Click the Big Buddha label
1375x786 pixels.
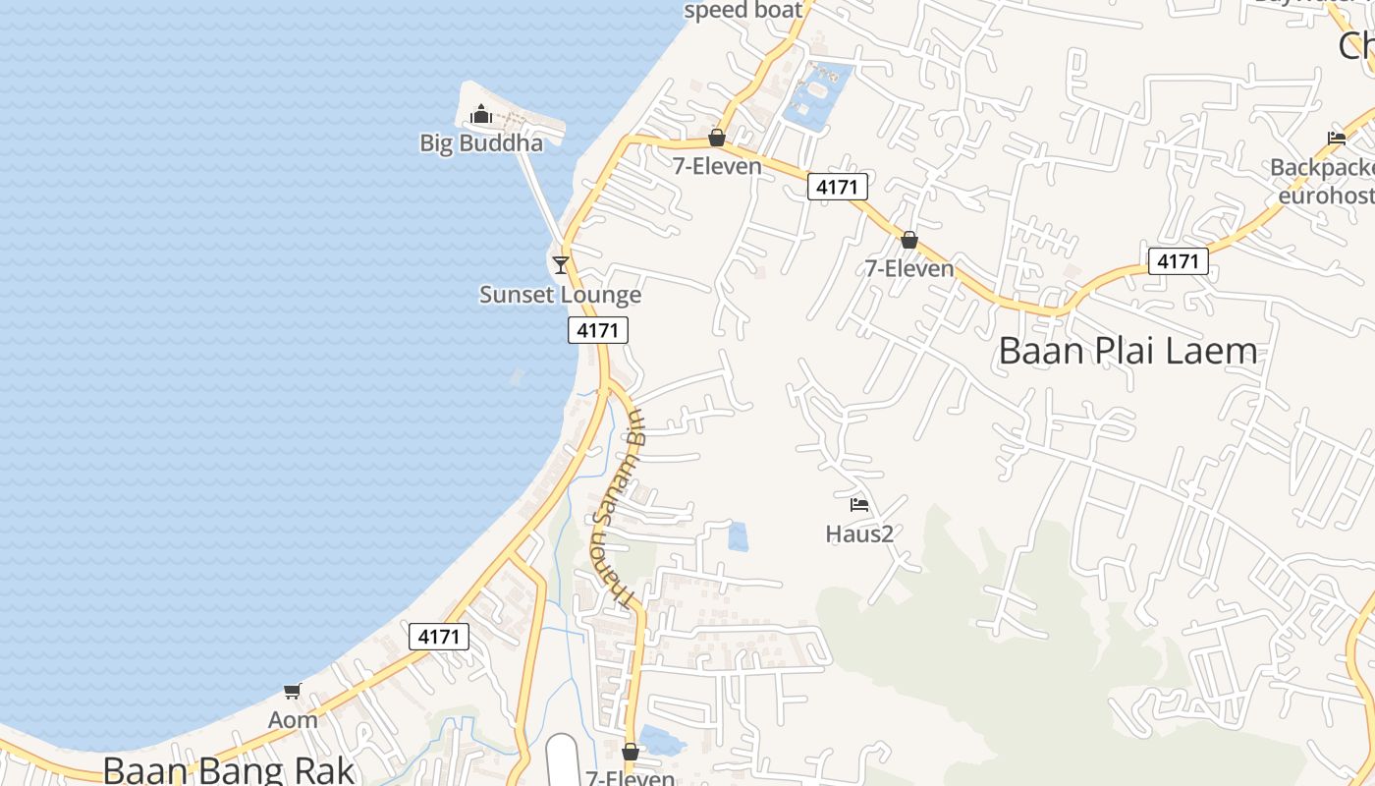pyautogui.click(x=481, y=143)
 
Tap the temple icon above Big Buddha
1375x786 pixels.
pyautogui.click(x=480, y=116)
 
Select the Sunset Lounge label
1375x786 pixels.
pyautogui.click(x=560, y=295)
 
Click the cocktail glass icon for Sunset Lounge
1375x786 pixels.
pyautogui.click(x=560, y=264)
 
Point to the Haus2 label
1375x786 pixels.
pyautogui.click(x=859, y=534)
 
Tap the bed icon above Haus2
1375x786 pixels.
pyautogui.click(x=859, y=505)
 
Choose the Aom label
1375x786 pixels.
pyautogui.click(x=293, y=720)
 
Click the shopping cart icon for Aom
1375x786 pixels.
pyautogui.click(x=292, y=691)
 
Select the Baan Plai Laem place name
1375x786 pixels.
pyautogui.click(x=1127, y=351)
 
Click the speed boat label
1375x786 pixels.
pyautogui.click(x=743, y=11)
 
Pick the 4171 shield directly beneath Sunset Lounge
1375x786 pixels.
pyautogui.click(x=597, y=330)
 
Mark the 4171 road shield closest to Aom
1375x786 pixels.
pyautogui.click(x=438, y=637)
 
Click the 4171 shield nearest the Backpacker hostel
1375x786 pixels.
pyautogui.click(x=1178, y=261)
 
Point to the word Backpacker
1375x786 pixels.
pyautogui.click(x=1322, y=168)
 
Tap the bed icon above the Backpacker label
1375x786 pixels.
pyautogui.click(x=1336, y=139)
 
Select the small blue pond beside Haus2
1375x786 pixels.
pyautogui.click(x=738, y=536)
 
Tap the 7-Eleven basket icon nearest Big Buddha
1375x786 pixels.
pyautogui.click(x=717, y=138)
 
